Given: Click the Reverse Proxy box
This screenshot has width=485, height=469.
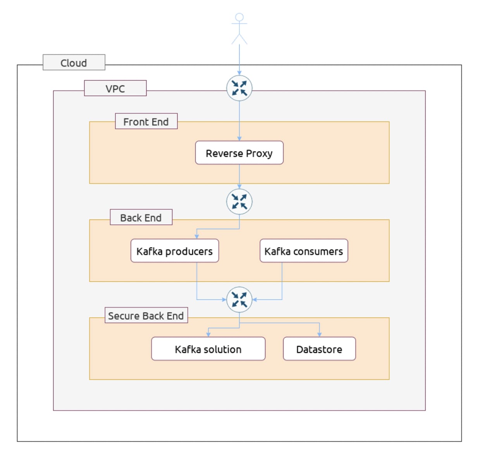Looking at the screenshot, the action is click(x=239, y=152).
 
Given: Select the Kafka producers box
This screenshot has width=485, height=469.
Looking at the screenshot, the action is click(x=175, y=251).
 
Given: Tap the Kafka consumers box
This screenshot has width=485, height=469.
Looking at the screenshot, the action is click(x=304, y=251).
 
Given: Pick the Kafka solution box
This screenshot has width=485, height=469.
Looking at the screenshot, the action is click(x=208, y=349).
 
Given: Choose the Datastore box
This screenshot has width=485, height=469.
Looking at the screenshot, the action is click(x=320, y=349).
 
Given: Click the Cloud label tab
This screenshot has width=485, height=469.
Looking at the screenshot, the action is click(x=74, y=62).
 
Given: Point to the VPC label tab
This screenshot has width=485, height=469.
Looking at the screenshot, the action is click(x=115, y=88).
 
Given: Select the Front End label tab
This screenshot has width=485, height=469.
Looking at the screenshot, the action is click(x=146, y=121).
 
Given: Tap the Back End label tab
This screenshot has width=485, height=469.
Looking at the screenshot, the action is click(x=141, y=217).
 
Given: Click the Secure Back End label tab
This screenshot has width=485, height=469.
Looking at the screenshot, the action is click(x=146, y=315).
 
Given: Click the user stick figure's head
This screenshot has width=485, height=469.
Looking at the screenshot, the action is click(x=239, y=17).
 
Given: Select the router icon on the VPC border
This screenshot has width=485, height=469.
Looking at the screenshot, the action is click(x=239, y=88).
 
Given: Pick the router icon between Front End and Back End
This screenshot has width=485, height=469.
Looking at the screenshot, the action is click(x=239, y=202).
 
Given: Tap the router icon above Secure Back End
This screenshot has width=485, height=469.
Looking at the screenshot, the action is click(x=239, y=300).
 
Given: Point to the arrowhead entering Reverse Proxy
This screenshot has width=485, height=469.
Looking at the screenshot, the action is click(x=239, y=139).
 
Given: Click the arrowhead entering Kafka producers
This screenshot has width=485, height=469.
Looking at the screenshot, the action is click(x=197, y=237).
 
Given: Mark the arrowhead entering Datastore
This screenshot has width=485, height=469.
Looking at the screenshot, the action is click(x=320, y=335).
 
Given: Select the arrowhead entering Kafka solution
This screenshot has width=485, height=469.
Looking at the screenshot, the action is click(x=208, y=335).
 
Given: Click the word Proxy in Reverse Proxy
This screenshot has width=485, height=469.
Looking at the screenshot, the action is click(x=259, y=154).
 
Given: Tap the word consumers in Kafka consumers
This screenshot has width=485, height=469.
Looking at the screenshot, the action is click(x=318, y=252).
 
